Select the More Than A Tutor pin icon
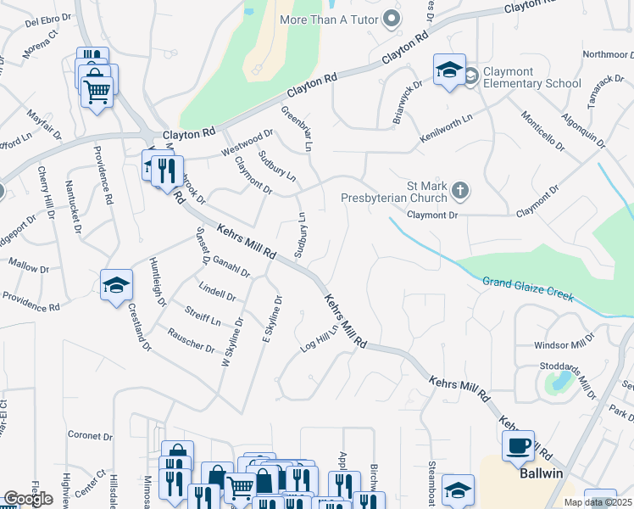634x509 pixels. coord(391,18)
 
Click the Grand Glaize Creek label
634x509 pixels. coord(528,290)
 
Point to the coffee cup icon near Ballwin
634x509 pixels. coord(518,445)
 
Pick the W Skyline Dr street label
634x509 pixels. coord(231,342)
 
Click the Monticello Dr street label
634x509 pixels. coord(542,131)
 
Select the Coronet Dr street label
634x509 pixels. coord(91,436)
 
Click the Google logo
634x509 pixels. coord(28,499)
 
